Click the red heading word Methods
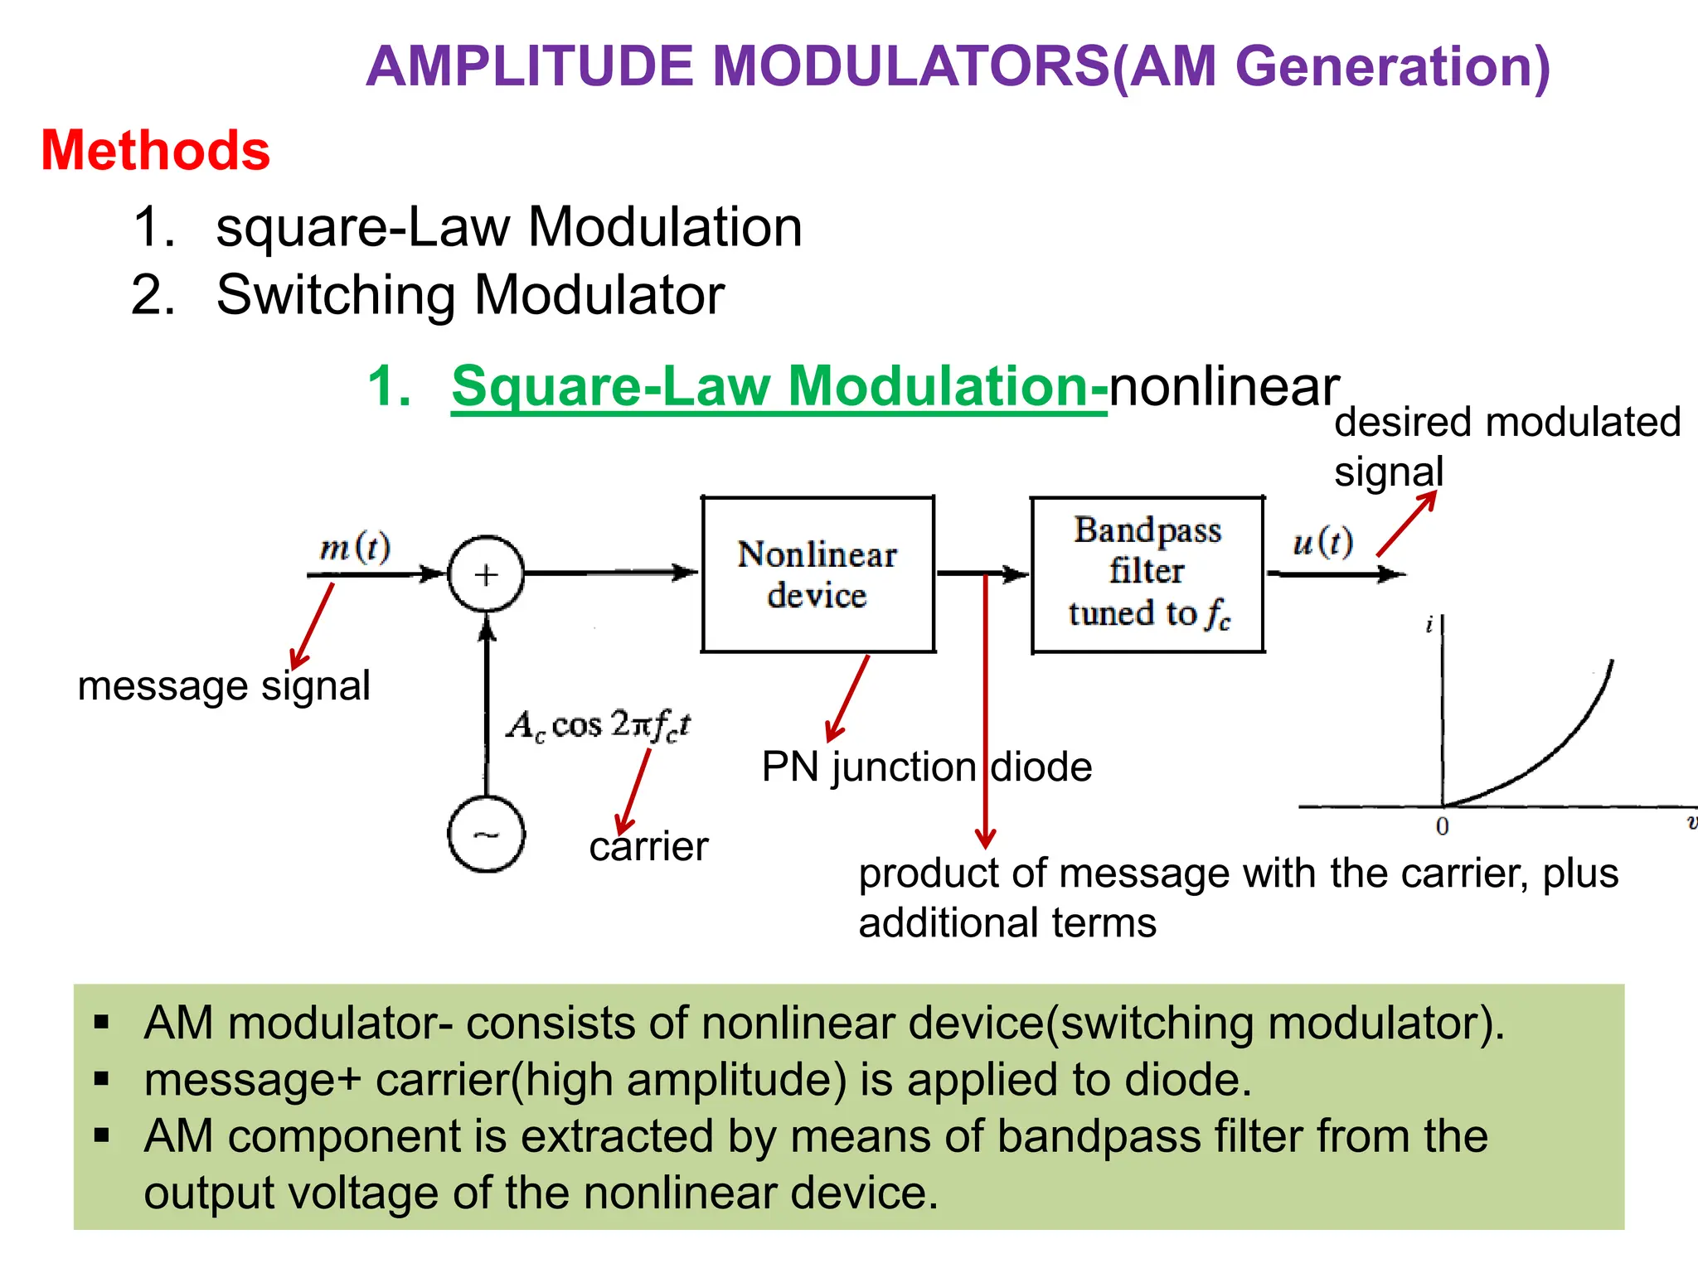[155, 151]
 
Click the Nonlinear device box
[817, 574]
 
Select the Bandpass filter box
[1147, 574]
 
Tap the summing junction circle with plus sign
[486, 574]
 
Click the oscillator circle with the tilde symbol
[486, 834]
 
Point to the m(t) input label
[355, 547]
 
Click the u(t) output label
[1323, 542]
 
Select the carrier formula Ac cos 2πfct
[599, 725]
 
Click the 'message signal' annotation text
[224, 686]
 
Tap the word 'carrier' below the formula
[648, 846]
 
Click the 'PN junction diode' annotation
[926, 767]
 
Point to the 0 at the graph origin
[1442, 826]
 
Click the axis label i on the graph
[1429, 626]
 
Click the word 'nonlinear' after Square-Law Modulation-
[1224, 386]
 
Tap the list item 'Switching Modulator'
[470, 295]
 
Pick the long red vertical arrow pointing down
[985, 713]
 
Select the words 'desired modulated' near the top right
[1506, 422]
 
